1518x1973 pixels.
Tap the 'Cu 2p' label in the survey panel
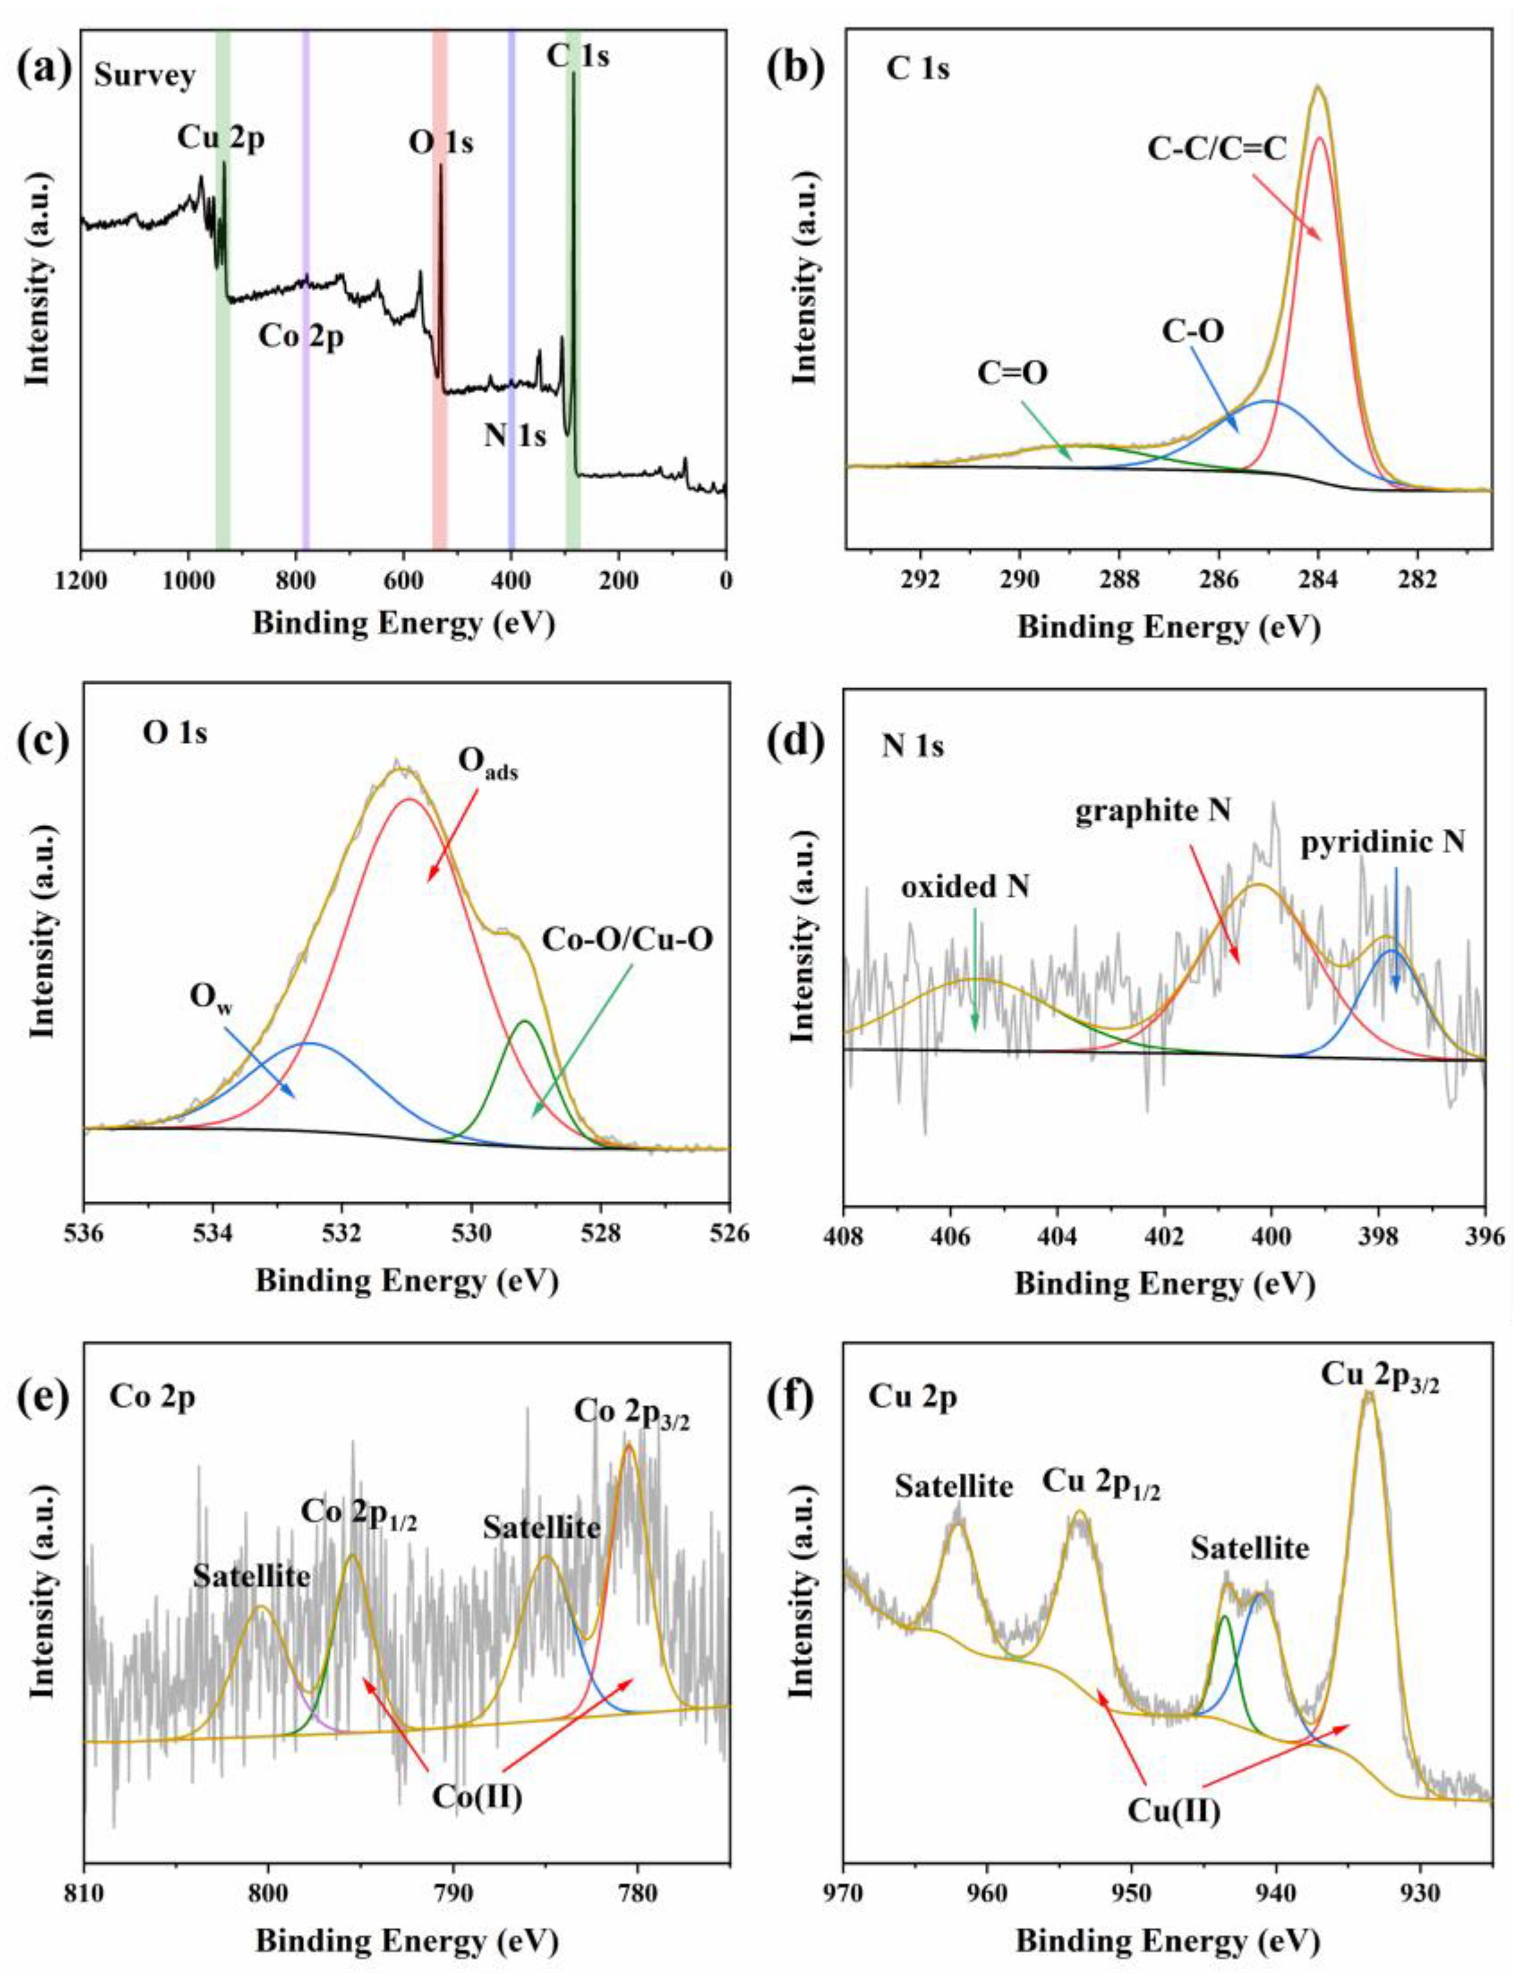[x=221, y=140]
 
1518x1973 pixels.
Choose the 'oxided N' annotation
[x=965, y=887]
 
